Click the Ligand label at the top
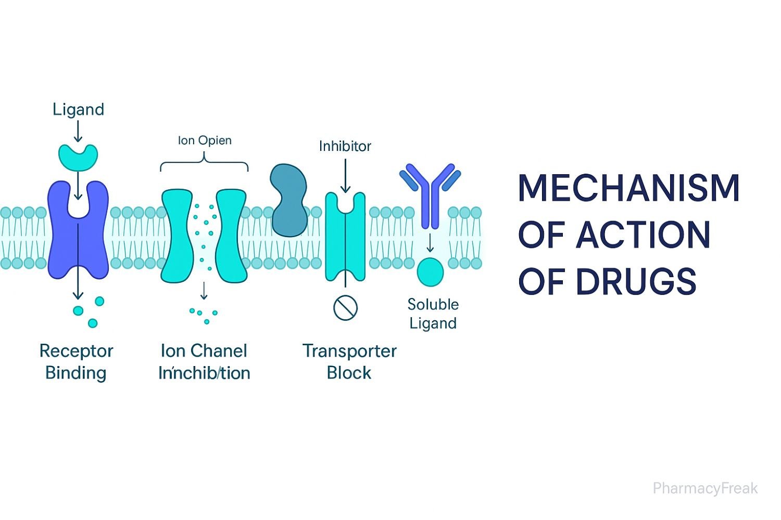[x=78, y=109]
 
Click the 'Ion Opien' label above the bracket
[x=205, y=140]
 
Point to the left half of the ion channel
[x=177, y=237]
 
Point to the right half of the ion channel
[x=231, y=237]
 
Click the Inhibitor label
[x=345, y=146]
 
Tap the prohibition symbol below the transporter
[x=345, y=307]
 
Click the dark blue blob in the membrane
[x=289, y=200]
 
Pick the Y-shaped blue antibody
[x=430, y=192]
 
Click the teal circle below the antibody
[x=430, y=272]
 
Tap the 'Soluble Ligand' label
[x=433, y=314]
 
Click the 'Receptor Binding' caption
[x=76, y=361]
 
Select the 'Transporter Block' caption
[x=349, y=361]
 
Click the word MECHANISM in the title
[x=628, y=188]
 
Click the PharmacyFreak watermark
[x=705, y=488]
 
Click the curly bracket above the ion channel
[x=204, y=164]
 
